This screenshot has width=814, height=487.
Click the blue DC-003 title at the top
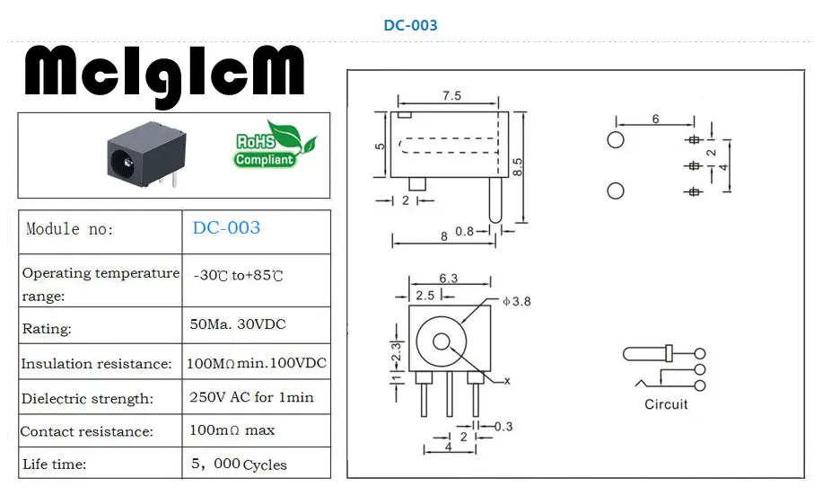[410, 25]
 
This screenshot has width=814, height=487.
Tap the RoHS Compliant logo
[274, 145]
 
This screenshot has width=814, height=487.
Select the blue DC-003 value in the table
[226, 227]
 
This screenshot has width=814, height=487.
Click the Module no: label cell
[70, 229]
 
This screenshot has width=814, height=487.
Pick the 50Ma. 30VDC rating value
[238, 324]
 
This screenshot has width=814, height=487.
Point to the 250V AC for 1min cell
[251, 397]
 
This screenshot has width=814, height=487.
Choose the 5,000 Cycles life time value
[239, 464]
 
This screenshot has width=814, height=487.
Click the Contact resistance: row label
[87, 431]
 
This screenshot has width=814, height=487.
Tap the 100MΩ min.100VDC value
[257, 363]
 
